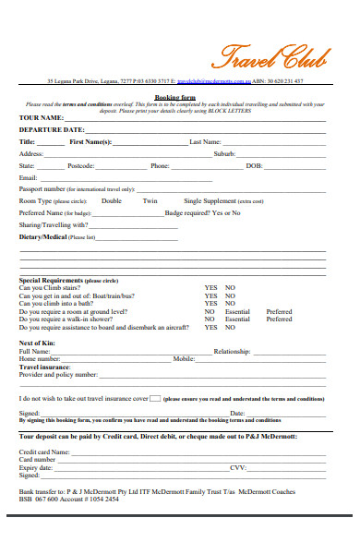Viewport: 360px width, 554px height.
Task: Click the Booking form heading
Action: click(173, 95)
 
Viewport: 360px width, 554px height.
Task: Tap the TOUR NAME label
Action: click(42, 118)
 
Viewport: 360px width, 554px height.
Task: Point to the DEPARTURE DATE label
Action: click(52, 130)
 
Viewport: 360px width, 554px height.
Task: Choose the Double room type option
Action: click(111, 200)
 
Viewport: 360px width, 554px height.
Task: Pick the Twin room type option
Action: click(150, 200)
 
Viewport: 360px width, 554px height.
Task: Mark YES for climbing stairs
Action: click(210, 287)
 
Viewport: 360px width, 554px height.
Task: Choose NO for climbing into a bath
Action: click(230, 303)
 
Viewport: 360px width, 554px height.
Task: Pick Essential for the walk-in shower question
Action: click(237, 319)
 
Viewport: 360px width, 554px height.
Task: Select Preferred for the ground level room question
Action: click(279, 311)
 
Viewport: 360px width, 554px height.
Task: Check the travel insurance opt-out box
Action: click(155, 372)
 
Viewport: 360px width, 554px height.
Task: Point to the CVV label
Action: click(238, 467)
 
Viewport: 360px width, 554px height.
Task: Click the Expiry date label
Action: click(36, 467)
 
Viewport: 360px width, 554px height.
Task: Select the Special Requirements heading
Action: click(51, 280)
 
